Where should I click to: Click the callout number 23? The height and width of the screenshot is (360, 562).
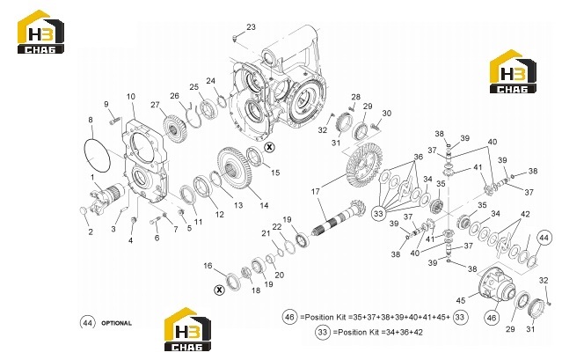click(x=251, y=27)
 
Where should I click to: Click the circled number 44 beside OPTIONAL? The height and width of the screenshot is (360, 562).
click(x=88, y=323)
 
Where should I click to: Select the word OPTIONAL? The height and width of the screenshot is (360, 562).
click(x=116, y=323)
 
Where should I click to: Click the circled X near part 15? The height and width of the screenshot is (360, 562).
click(x=269, y=147)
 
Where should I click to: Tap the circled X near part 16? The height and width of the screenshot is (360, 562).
click(x=219, y=290)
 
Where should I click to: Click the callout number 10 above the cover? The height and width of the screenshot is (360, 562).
click(x=131, y=97)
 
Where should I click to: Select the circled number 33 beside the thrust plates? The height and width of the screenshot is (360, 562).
click(x=378, y=214)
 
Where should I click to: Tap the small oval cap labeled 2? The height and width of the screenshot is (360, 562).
click(x=83, y=211)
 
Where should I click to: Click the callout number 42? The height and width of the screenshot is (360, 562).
click(x=525, y=214)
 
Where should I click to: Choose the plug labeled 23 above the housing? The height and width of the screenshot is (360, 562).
click(x=235, y=38)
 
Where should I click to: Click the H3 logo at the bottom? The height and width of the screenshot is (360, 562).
click(x=187, y=329)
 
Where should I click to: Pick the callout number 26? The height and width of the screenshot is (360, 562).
click(x=174, y=96)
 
